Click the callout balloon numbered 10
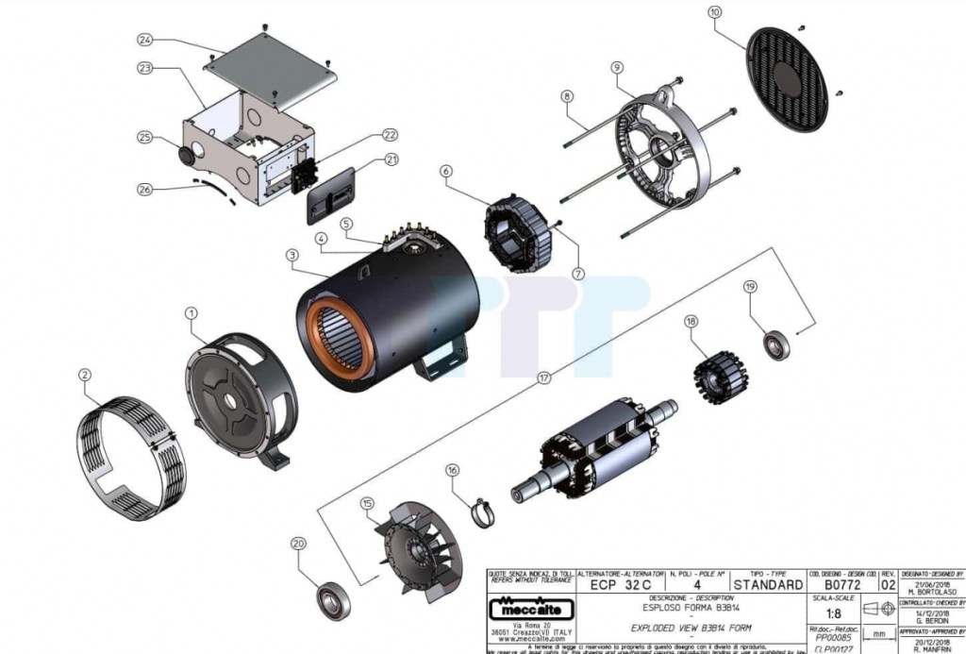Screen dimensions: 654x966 pyautogui.click(x=714, y=12)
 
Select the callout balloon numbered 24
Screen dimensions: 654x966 pyautogui.click(x=144, y=41)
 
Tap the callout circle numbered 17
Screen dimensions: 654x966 pyautogui.click(x=542, y=377)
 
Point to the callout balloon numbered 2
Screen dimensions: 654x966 pyautogui.click(x=85, y=375)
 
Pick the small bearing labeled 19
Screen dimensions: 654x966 pyautogui.click(x=776, y=344)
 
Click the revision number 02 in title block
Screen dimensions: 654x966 pyautogui.click(x=888, y=585)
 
